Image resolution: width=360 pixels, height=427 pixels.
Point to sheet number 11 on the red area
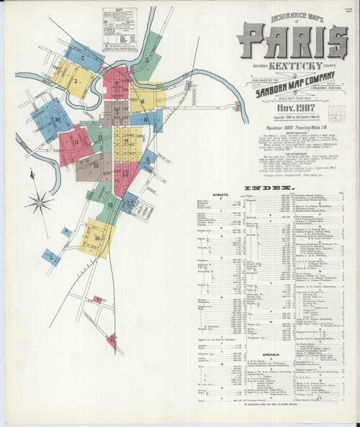pyautogui.click(x=75, y=141)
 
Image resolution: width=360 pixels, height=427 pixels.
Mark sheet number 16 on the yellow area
pyautogui.click(x=96, y=238)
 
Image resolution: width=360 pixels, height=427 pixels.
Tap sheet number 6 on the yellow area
pyautogui.click(x=142, y=102)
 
